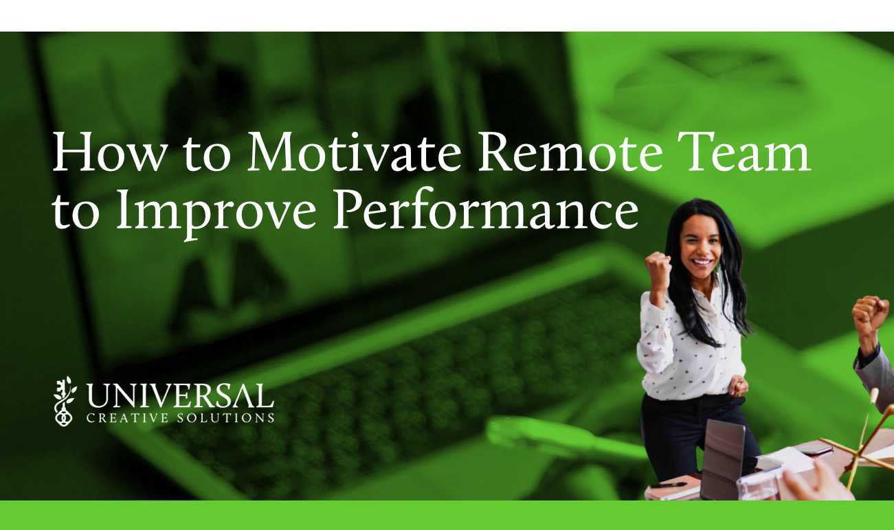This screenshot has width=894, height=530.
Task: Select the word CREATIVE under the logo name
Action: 121,417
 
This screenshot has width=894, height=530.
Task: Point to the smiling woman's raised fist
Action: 657,268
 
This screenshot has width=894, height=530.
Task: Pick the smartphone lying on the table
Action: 814,449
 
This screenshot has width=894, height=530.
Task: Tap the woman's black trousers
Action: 680,433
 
